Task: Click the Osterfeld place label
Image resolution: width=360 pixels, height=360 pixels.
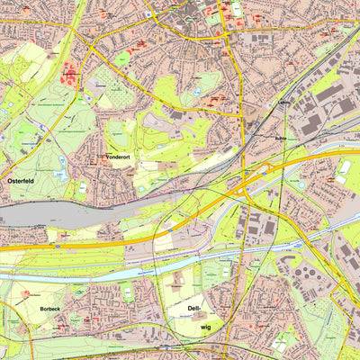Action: point(20,180)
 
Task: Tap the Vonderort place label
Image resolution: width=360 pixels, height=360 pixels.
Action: point(118,157)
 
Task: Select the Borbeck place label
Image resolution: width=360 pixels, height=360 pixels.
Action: point(49,309)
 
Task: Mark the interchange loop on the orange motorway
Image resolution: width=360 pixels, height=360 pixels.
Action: point(247,184)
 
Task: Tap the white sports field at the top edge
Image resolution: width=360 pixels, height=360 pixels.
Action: point(237,9)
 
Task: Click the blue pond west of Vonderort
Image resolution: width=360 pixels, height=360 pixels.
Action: point(59,161)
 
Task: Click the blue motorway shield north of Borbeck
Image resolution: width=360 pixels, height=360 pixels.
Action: point(57,244)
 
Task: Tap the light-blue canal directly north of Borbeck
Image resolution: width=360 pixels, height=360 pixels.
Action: point(54,273)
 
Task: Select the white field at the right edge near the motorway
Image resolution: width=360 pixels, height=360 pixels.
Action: point(344,167)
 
